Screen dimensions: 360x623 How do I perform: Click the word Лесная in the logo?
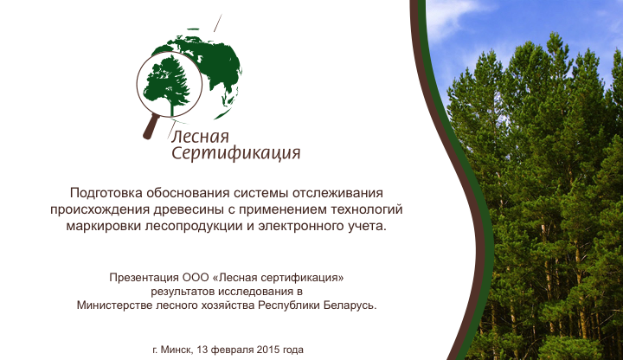tap(200, 136)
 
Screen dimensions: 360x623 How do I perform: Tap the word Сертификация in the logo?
tap(235, 154)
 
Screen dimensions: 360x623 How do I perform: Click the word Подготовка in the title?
tap(108, 192)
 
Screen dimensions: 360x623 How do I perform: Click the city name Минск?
tap(178, 350)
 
